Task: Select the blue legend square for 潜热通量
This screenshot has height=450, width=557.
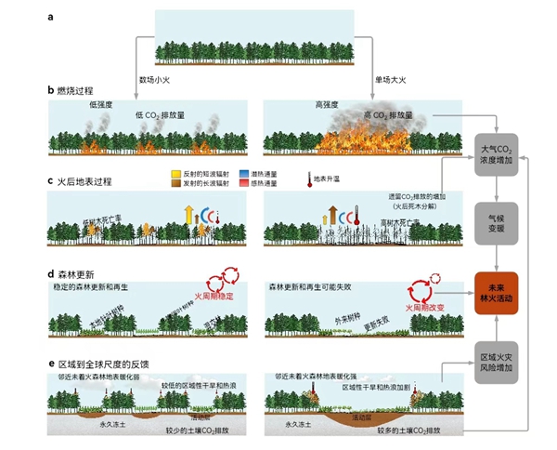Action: [243, 175]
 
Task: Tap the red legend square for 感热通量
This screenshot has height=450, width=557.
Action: [243, 186]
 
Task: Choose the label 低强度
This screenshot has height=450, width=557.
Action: [100, 105]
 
